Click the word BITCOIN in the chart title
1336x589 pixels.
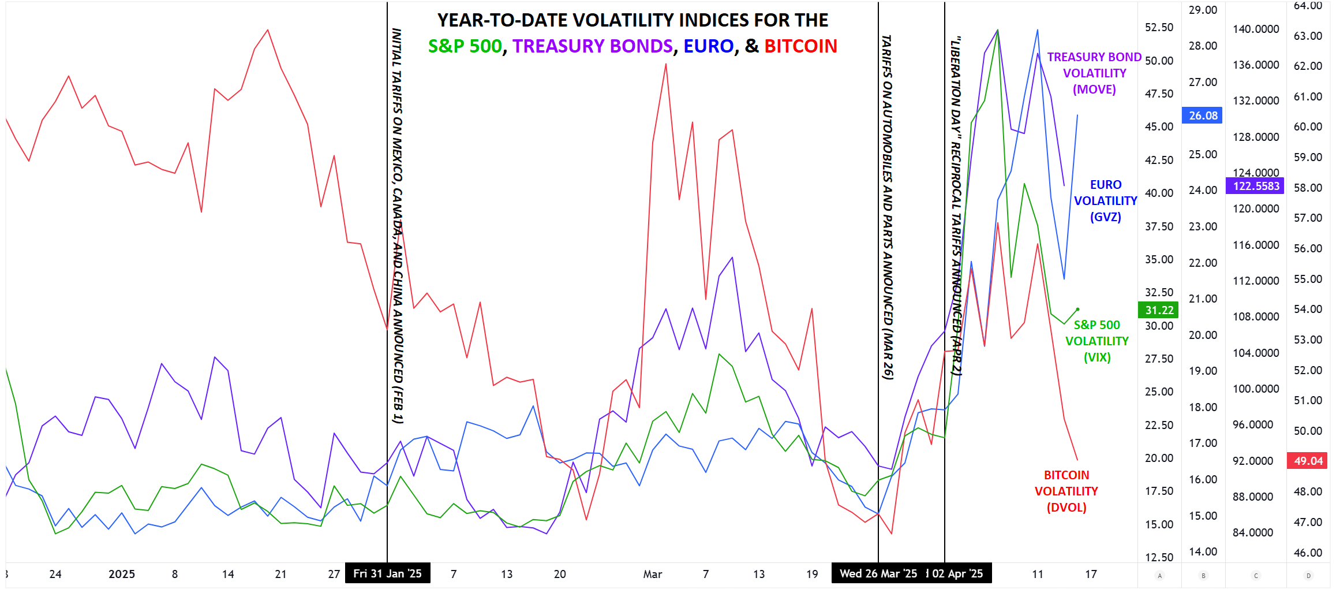point(800,46)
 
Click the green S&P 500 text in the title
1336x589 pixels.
point(465,46)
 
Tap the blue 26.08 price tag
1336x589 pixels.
point(1203,115)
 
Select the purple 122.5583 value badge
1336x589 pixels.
point(1256,186)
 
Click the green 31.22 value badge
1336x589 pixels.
point(1159,310)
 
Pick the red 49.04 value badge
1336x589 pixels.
point(1308,461)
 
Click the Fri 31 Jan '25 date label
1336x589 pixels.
point(387,573)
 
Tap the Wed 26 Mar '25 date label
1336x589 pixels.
point(878,573)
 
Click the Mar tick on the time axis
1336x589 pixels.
point(652,574)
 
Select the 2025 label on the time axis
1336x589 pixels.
point(122,574)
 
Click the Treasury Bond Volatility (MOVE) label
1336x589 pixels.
point(1094,73)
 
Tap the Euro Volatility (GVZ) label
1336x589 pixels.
point(1105,201)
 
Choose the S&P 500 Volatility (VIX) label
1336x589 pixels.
point(1097,341)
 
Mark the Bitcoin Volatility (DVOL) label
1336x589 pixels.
point(1066,491)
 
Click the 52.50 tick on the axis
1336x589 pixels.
point(1159,27)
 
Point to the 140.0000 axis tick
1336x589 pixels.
point(1256,29)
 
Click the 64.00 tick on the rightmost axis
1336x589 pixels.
point(1308,6)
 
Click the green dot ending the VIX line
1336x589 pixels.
point(1077,310)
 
